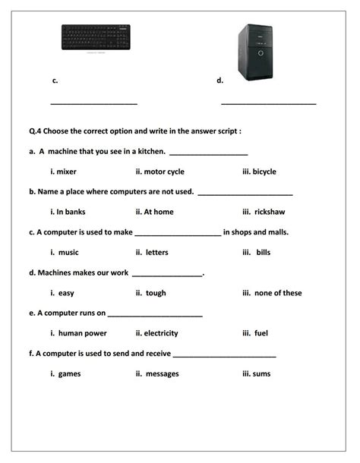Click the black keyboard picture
point(95,37)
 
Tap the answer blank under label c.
point(93,103)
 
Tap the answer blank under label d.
point(268,103)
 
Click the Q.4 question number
point(36,131)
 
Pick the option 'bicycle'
point(264,172)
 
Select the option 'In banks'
point(70,212)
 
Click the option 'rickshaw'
point(269,212)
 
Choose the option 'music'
point(68,252)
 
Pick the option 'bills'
point(263,252)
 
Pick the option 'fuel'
point(261,333)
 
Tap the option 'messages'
point(162,373)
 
